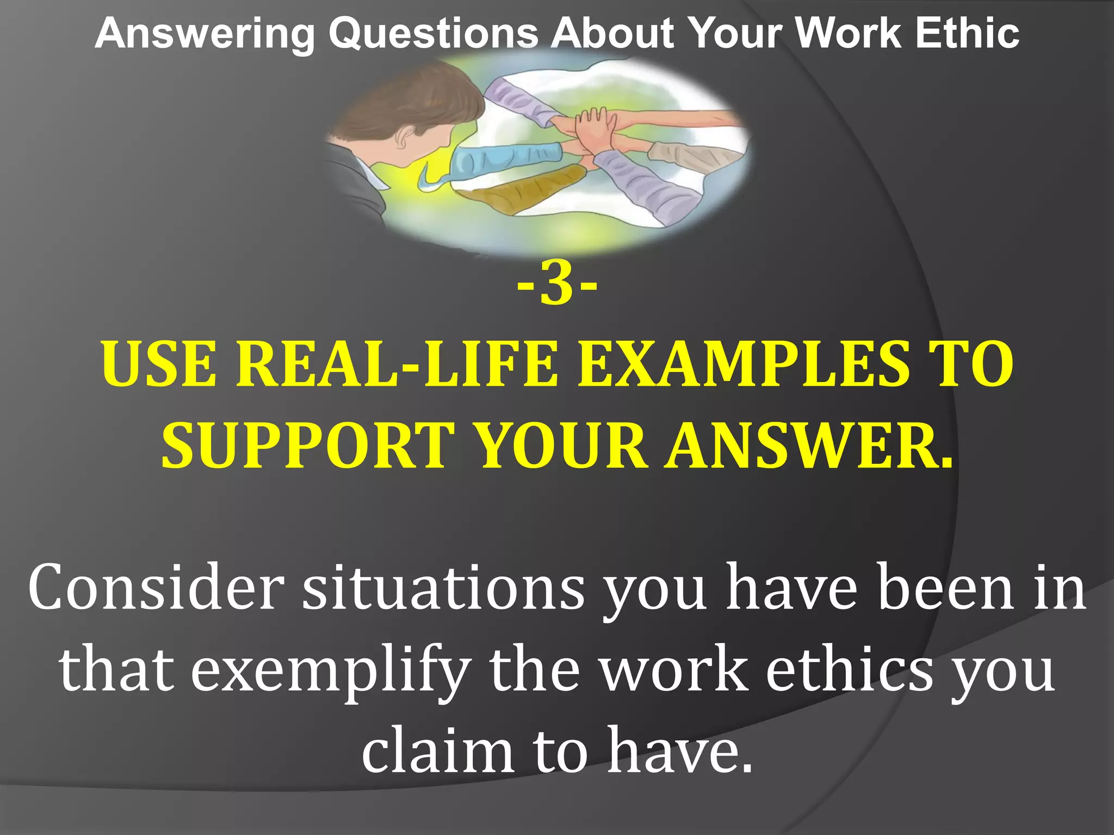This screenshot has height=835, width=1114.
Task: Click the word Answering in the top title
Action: [205, 34]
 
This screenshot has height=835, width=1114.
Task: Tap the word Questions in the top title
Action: [434, 34]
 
